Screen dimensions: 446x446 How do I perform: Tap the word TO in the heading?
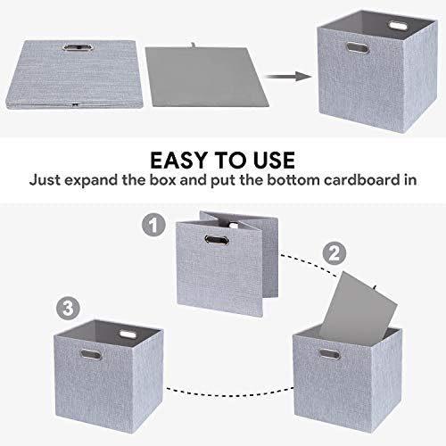(x=227, y=161)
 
